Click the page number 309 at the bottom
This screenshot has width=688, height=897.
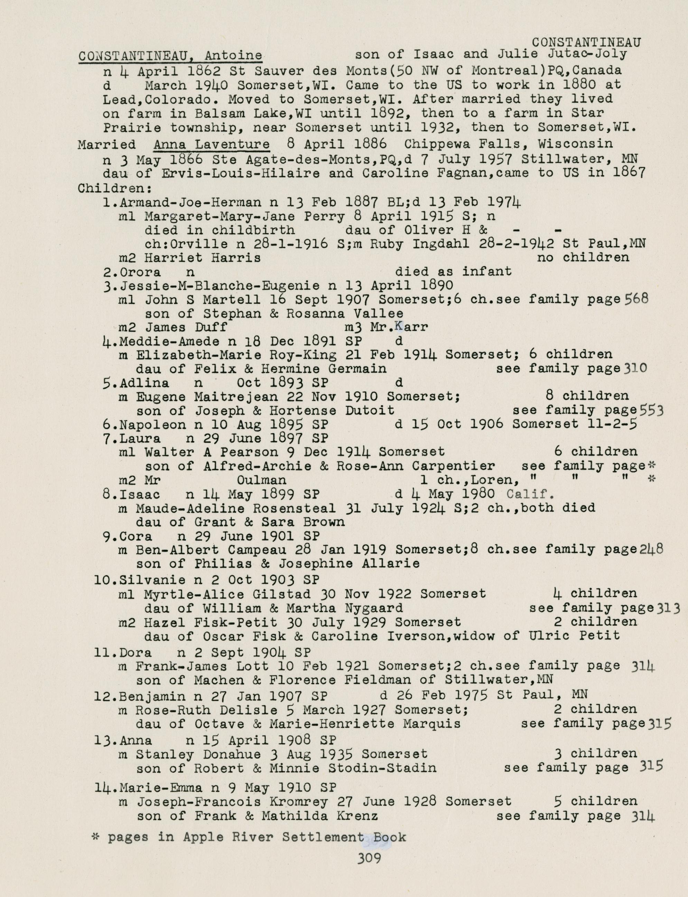click(x=369, y=858)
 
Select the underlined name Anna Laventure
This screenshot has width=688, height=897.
click(x=211, y=144)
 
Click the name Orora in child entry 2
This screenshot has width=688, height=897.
click(x=140, y=272)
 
